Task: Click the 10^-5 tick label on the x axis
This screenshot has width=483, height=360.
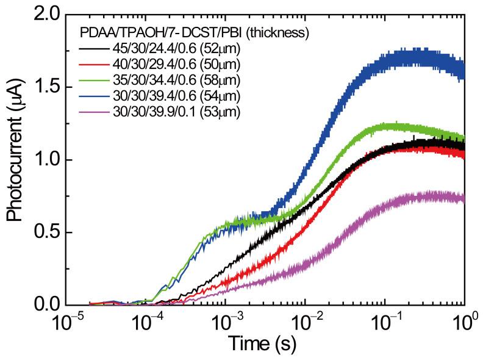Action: [66, 321]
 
